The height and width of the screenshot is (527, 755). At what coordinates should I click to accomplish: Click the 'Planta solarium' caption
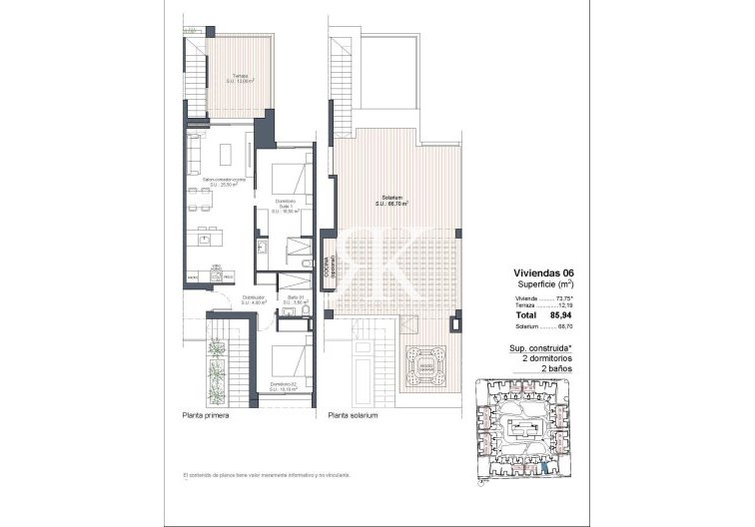tap(346, 415)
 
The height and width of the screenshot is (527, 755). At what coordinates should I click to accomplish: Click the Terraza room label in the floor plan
tap(241, 79)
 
